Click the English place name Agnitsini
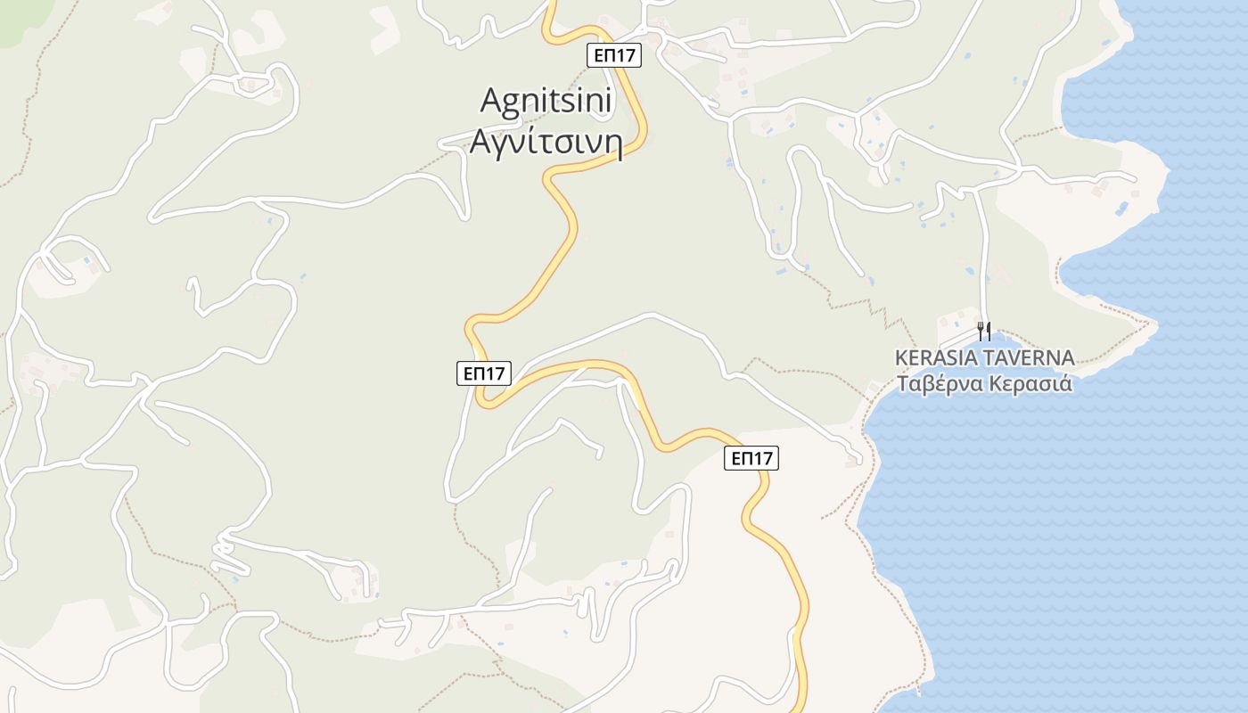coord(546,101)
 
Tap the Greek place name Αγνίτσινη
coord(546,142)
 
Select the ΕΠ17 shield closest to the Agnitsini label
coord(615,55)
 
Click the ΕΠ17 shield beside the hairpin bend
coord(483,373)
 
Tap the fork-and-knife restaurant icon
coord(984,331)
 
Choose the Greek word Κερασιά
coord(1029,384)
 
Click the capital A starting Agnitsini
coord(489,101)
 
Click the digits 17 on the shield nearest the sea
coord(762,458)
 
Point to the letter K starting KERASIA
coord(901,358)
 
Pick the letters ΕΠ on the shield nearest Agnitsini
coord(604,55)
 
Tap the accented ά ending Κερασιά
coord(1066,384)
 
